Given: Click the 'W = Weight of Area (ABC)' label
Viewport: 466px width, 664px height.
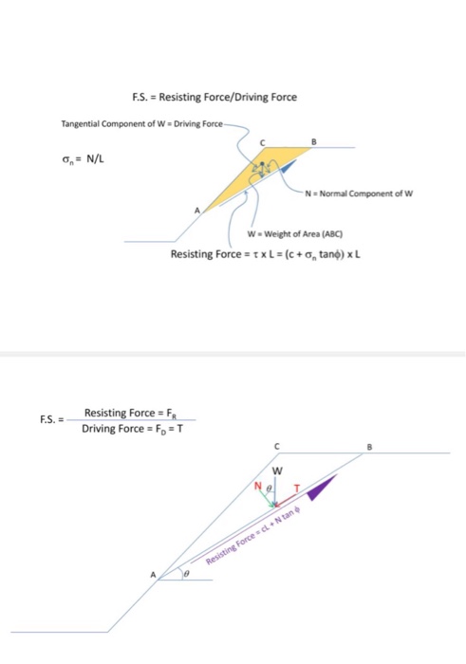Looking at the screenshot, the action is [294, 233].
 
